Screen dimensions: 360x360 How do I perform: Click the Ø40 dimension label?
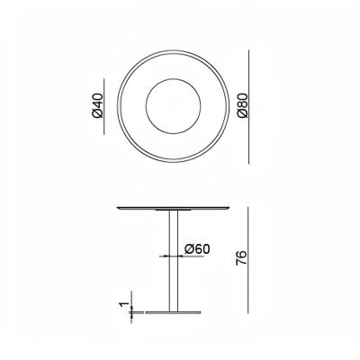(98, 105)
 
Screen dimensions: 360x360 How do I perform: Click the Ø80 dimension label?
(243, 105)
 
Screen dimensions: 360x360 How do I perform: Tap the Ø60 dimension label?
(197, 249)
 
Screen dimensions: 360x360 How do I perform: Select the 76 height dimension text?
(241, 257)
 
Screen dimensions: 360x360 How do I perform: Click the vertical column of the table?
(174, 261)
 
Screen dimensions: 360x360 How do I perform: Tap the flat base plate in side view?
(173, 312)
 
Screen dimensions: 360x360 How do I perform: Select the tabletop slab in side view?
(173, 208)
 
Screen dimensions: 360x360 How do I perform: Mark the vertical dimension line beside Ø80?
(249, 107)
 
